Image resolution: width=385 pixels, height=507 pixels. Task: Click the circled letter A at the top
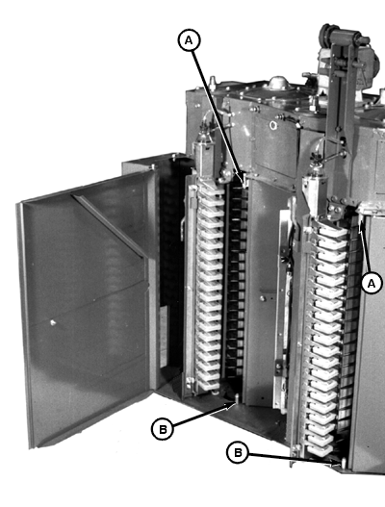click(x=189, y=40)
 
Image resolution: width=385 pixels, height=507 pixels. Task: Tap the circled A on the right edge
click(x=372, y=283)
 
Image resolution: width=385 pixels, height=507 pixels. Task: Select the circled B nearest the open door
click(x=163, y=429)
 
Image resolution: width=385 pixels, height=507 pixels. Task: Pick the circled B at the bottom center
click(x=238, y=452)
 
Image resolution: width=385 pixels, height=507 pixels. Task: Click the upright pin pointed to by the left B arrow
click(x=237, y=398)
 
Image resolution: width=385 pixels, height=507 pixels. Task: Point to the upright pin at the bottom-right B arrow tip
click(x=344, y=463)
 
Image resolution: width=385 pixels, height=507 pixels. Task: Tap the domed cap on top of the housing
click(x=278, y=83)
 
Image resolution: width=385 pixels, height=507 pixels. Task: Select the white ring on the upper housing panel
click(x=273, y=125)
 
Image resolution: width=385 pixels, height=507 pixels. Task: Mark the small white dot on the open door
click(x=53, y=322)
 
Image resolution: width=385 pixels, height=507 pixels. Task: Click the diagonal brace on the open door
click(x=108, y=224)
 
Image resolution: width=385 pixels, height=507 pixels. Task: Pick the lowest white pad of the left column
click(x=208, y=385)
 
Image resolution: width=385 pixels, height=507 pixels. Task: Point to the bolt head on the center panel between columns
click(x=263, y=298)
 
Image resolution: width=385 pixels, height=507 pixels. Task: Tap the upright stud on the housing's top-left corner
click(x=212, y=83)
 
